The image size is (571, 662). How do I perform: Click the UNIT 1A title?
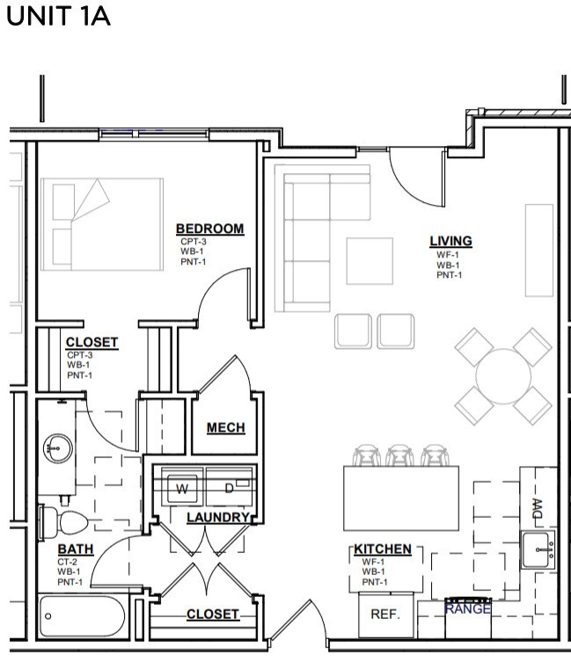coord(58,17)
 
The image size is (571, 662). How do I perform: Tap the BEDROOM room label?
coord(209,229)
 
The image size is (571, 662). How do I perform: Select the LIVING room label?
coord(450,241)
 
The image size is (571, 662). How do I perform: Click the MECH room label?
coord(225,428)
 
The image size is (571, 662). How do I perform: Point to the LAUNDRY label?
coord(218,517)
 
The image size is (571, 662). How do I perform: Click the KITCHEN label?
coord(383,549)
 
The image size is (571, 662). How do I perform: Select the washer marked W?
coord(183,488)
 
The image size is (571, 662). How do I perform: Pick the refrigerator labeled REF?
coord(385,615)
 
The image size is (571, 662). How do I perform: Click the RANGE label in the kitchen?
coord(468,607)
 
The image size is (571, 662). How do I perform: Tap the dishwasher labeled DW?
coord(536,507)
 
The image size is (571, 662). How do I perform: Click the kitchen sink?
coord(537,549)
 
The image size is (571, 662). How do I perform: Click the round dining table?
coord(503,376)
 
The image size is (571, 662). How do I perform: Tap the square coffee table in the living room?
coord(370,261)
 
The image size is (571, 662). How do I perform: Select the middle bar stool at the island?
coord(399,455)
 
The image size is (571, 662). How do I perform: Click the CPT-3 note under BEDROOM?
coord(194,242)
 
